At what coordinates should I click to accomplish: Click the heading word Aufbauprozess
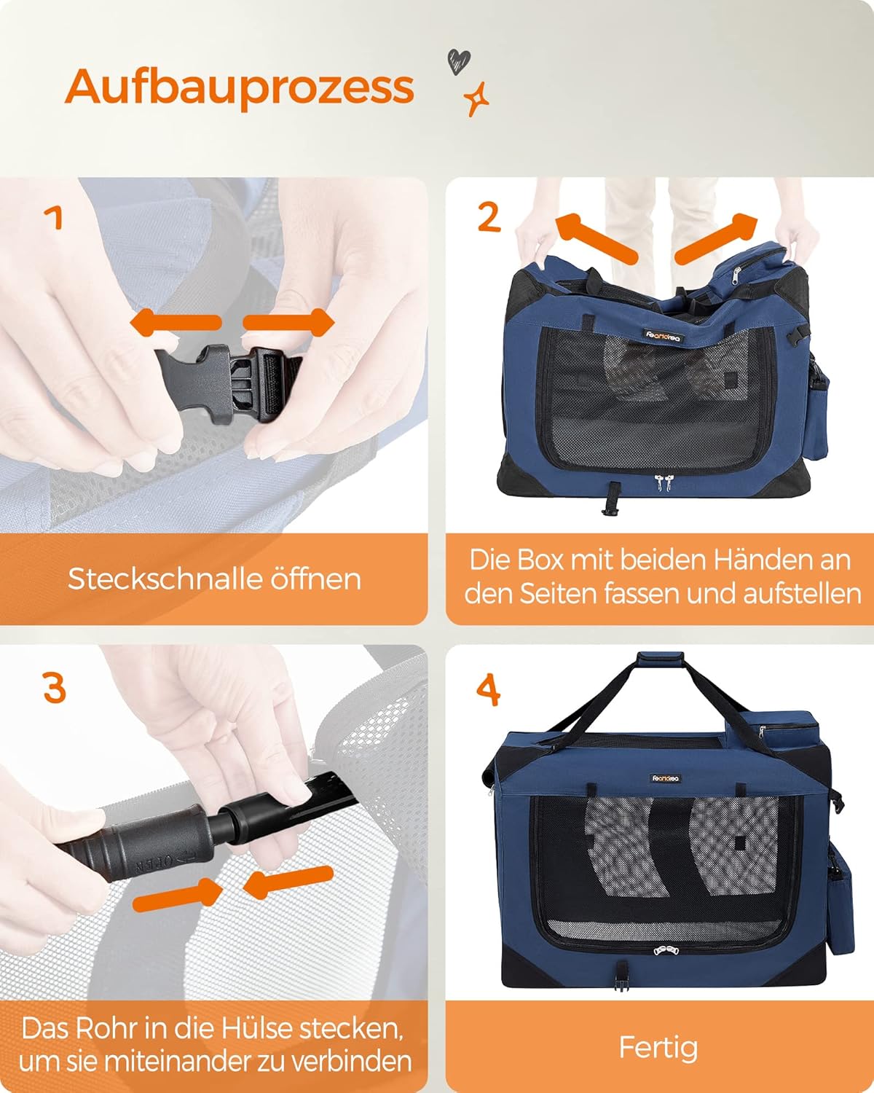pyautogui.click(x=239, y=88)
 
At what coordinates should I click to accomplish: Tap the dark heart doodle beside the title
pyautogui.click(x=459, y=62)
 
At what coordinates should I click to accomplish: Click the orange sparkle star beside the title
pyautogui.click(x=476, y=98)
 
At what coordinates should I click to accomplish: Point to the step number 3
pyautogui.click(x=55, y=688)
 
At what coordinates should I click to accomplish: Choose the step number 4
pyautogui.click(x=489, y=690)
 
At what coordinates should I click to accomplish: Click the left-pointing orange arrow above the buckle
pyautogui.click(x=176, y=323)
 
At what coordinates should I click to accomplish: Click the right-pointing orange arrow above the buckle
pyautogui.click(x=288, y=322)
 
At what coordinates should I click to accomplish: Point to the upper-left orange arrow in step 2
pyautogui.click(x=597, y=238)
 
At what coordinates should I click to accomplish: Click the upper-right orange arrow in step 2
pyautogui.click(x=715, y=238)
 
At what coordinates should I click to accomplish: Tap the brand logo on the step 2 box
pyautogui.click(x=664, y=336)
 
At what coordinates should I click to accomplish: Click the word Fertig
pyautogui.click(x=658, y=1048)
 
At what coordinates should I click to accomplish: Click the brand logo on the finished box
pyautogui.click(x=666, y=779)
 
